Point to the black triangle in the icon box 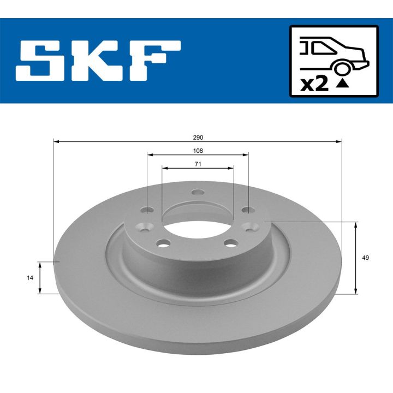(x=342, y=84)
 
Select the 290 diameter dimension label (x=198, y=137)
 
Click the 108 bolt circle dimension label (x=198, y=151)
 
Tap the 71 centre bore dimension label (x=198, y=164)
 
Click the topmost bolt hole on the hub (x=198, y=192)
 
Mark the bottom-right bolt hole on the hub (x=233, y=244)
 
